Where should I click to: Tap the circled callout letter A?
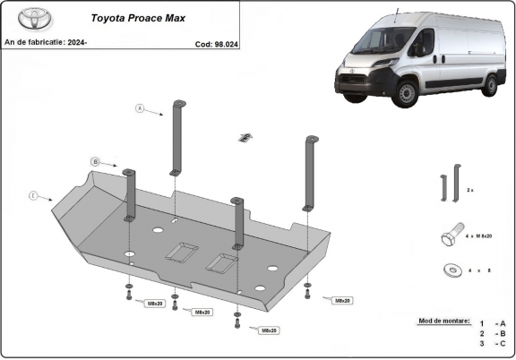click(x=140, y=109)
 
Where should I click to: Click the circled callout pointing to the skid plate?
click(x=33, y=195)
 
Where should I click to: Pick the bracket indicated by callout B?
click(x=129, y=193)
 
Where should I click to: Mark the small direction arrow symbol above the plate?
click(x=243, y=137)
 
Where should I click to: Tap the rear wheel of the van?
click(x=490, y=85)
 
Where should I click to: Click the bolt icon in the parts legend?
click(x=451, y=236)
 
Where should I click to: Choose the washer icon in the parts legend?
click(x=449, y=269)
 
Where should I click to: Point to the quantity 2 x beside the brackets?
click(x=470, y=191)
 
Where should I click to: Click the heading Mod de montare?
click(x=443, y=320)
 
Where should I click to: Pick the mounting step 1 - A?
click(x=492, y=323)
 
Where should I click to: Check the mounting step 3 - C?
click(x=492, y=343)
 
